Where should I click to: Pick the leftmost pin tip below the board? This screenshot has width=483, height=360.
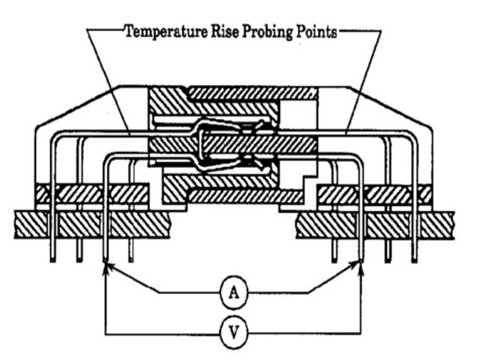pyautogui.click(x=52, y=259)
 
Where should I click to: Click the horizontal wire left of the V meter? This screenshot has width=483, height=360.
pyautogui.click(x=162, y=334)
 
